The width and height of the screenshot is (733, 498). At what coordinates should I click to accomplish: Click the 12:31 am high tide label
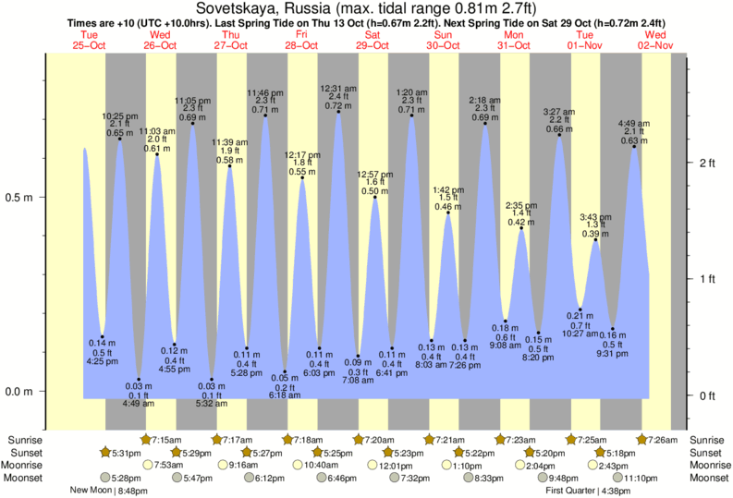(x=338, y=89)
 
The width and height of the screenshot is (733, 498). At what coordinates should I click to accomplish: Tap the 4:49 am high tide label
(x=634, y=123)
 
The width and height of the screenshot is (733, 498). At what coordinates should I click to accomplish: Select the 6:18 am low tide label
(x=286, y=395)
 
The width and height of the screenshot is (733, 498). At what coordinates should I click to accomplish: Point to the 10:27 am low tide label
(x=580, y=333)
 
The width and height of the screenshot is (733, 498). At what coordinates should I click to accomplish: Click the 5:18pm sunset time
(x=618, y=453)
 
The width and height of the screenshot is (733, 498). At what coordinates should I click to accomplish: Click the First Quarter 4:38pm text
(x=588, y=492)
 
